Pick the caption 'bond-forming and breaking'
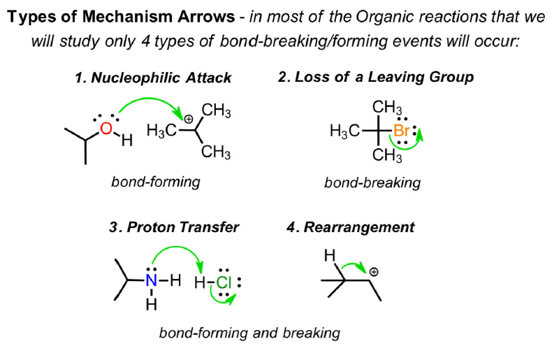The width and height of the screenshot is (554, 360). [249, 332]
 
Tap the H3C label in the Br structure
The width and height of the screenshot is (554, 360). [345, 131]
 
